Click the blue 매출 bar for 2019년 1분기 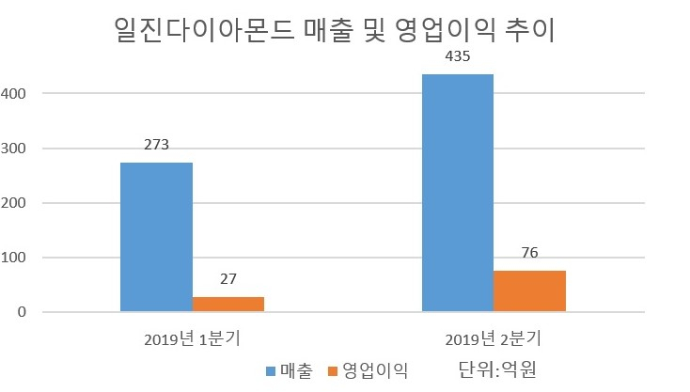pos(156,237)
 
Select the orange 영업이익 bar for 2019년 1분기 pos(228,305)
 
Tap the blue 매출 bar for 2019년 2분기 pos(458,193)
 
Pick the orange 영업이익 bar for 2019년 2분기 pos(530,291)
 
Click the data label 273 pos(156,145)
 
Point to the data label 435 pos(458,56)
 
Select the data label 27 pos(228,279)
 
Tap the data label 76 pos(530,253)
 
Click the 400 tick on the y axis pos(13,94)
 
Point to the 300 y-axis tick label pos(13,149)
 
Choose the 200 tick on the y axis pos(13,203)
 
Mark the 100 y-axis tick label pos(13,258)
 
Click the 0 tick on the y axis pos(22,312)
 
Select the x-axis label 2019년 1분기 pos(193,339)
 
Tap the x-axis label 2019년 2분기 pos(494,339)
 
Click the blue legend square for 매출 pos(271,371)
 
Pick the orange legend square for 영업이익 pos(333,371)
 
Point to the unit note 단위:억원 pos(497,369)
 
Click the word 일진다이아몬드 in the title pos(205,30)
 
